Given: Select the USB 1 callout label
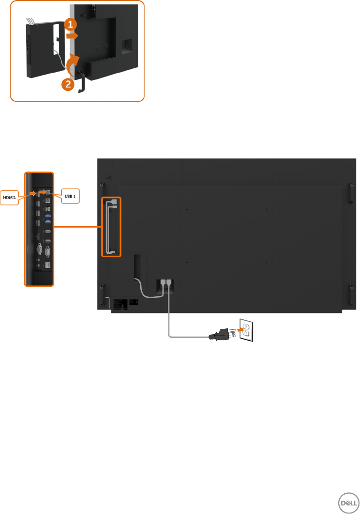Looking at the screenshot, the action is tap(70, 197).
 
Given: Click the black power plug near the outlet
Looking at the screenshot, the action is tap(217, 336).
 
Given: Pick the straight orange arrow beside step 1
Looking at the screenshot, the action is tap(73, 37).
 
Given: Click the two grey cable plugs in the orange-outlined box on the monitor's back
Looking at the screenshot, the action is tap(114, 204).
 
